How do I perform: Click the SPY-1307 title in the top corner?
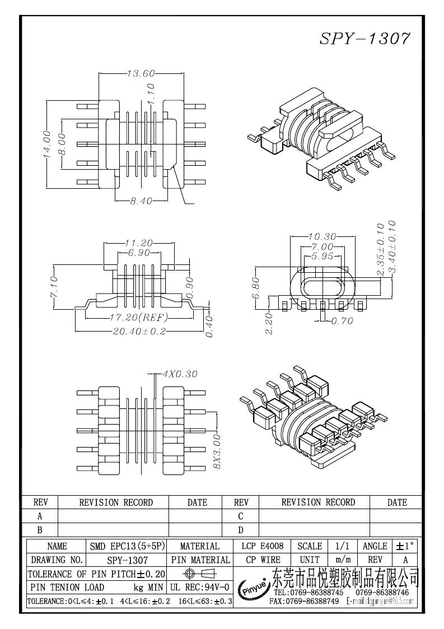pyautogui.click(x=364, y=39)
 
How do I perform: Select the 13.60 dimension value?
pyautogui.click(x=141, y=73)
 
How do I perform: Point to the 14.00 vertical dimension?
pyautogui.click(x=47, y=144)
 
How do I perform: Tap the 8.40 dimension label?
pyautogui.click(x=141, y=201)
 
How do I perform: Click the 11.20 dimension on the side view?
pyautogui.click(x=139, y=243)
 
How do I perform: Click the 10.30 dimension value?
pyautogui.click(x=322, y=236)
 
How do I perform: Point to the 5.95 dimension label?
pyautogui.click(x=322, y=257)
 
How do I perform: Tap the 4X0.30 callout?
pyautogui.click(x=180, y=374)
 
